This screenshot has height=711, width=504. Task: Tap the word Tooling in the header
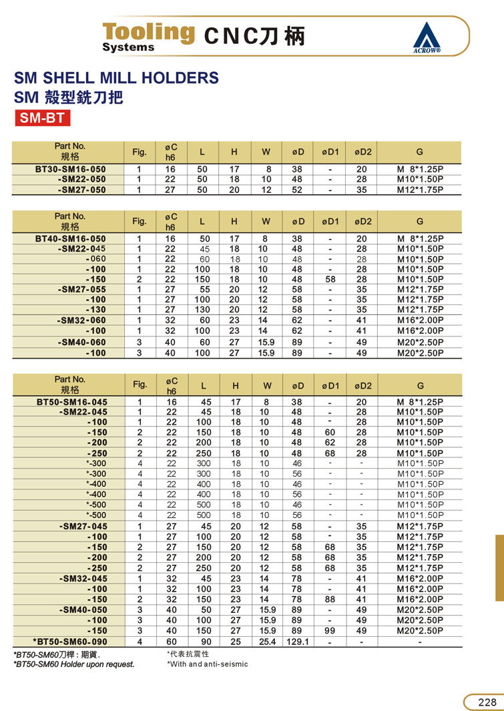point(148,32)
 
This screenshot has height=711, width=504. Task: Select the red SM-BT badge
point(42,119)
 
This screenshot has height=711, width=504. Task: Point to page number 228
point(487,702)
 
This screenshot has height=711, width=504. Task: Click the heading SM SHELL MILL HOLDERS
point(117,77)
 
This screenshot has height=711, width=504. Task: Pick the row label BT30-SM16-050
point(70,170)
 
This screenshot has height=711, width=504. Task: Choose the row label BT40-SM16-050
point(70,239)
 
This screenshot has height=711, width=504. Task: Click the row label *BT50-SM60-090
point(69,642)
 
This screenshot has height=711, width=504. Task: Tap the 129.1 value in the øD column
point(297,642)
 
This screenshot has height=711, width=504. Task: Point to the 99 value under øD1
point(330,631)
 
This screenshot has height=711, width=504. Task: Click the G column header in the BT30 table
point(420,152)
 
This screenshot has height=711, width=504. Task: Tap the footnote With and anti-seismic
point(208,664)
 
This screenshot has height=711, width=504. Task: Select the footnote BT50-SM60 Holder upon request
point(74,664)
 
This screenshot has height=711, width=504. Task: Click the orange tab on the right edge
point(499,567)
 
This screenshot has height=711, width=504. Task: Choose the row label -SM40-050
point(83,610)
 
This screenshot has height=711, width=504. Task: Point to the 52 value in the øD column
point(297,190)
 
